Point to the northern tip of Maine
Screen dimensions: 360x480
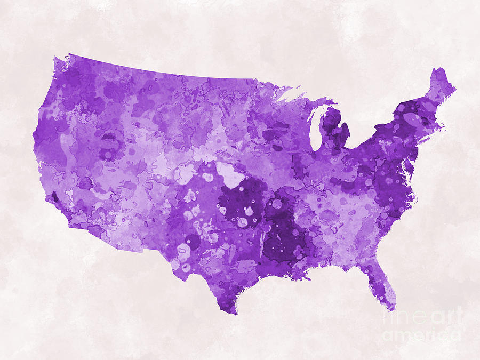point(439,70)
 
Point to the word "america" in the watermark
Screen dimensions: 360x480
point(421,334)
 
